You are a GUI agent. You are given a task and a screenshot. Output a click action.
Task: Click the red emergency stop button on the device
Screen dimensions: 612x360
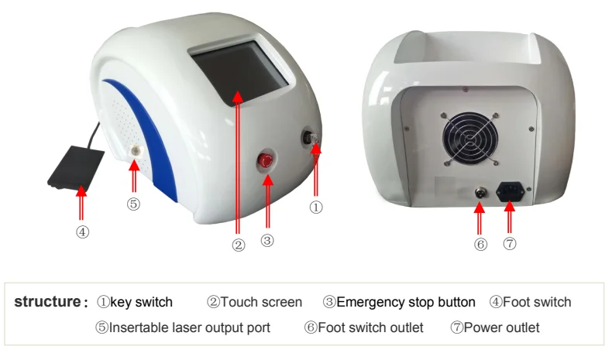(x=266, y=161)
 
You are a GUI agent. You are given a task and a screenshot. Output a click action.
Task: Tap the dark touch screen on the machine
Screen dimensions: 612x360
(x=239, y=74)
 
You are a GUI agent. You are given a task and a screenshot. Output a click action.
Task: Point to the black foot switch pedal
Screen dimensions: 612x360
(x=76, y=168)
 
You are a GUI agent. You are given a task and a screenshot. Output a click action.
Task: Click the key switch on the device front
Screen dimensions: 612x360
(x=311, y=139)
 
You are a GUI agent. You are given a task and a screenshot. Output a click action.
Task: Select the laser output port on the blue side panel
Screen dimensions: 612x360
(x=136, y=151)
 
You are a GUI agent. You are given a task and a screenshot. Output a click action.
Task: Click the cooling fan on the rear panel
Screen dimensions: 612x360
(x=470, y=139)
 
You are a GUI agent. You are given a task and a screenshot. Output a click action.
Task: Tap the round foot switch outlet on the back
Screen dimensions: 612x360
(x=480, y=192)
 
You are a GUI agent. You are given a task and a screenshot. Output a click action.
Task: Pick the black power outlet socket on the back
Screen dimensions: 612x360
(x=511, y=191)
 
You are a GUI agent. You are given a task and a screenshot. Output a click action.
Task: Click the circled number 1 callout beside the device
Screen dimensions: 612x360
(x=316, y=207)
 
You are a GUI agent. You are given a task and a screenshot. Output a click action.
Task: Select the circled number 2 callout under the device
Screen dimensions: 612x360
(x=239, y=245)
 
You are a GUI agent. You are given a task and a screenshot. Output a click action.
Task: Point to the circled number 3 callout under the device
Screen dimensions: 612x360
(x=267, y=240)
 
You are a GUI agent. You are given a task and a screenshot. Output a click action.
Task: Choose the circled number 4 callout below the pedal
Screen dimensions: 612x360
(x=82, y=232)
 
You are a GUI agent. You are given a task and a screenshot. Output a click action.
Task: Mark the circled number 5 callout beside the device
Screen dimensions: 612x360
(x=133, y=204)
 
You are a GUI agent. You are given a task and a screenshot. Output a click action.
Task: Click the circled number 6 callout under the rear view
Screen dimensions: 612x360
(x=480, y=245)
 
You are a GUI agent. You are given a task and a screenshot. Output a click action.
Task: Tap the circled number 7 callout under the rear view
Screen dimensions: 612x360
(x=509, y=244)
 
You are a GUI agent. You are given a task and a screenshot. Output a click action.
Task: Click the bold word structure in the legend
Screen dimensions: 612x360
(x=47, y=302)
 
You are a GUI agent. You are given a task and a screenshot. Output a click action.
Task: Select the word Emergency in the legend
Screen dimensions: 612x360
(x=365, y=303)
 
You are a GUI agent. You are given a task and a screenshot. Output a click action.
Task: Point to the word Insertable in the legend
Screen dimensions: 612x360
(x=133, y=327)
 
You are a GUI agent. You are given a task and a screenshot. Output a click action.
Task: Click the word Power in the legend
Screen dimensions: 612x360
(x=481, y=327)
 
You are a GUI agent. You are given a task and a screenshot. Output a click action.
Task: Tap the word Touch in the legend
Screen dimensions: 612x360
(x=237, y=302)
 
